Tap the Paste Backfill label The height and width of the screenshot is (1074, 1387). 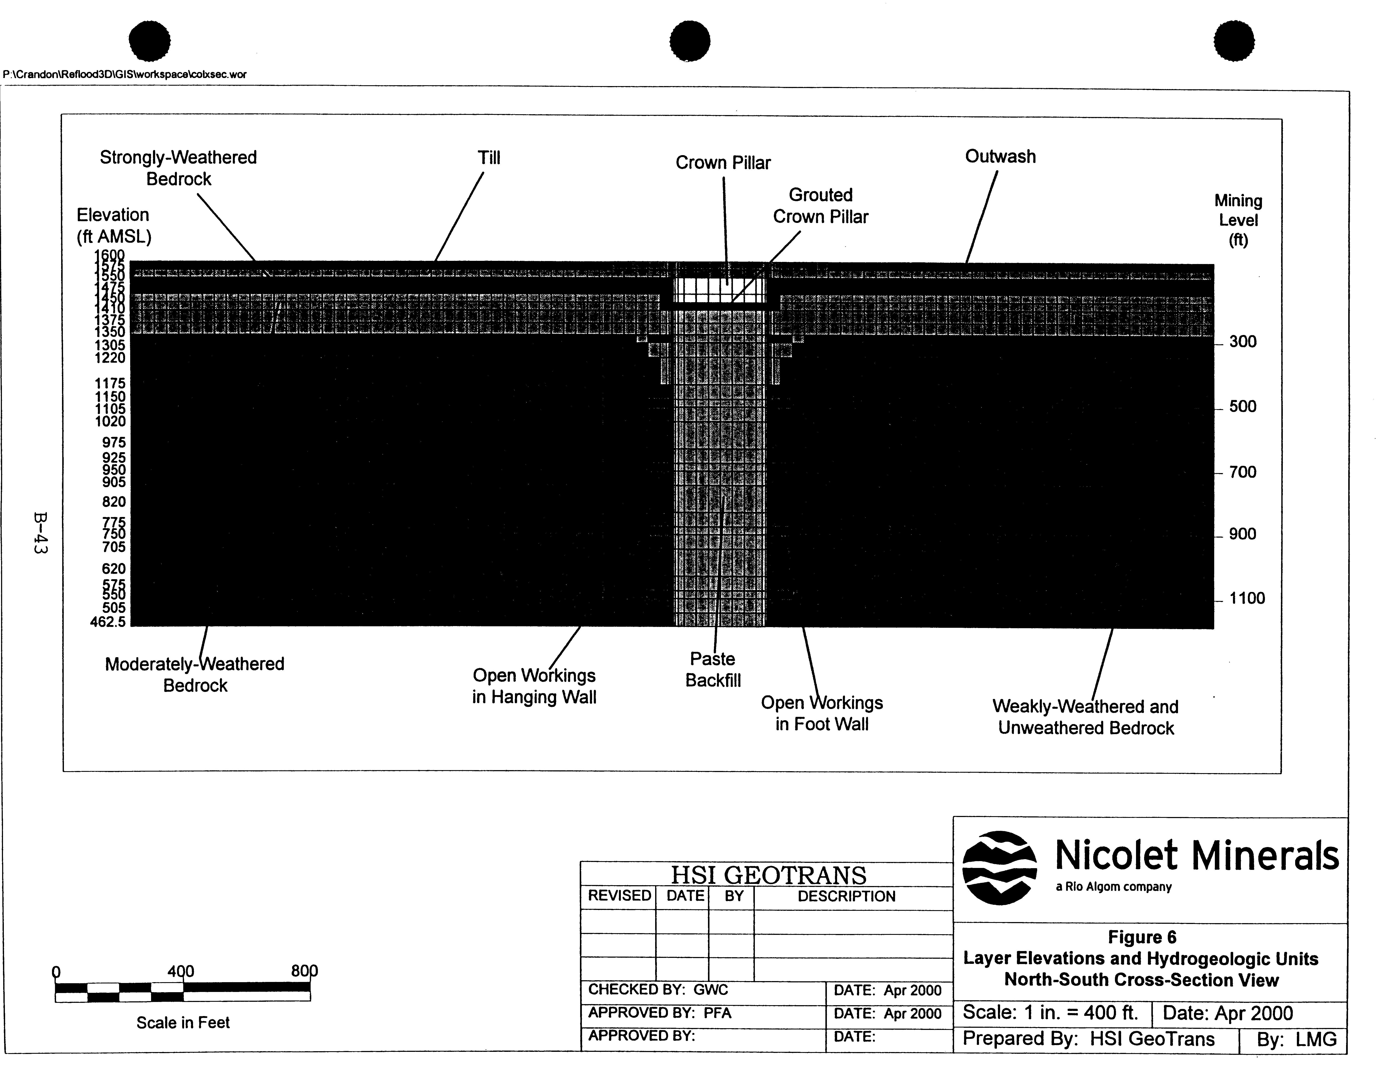[x=712, y=669]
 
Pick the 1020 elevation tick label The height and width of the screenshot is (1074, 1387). [x=111, y=421]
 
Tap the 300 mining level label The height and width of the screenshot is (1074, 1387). [x=1242, y=342]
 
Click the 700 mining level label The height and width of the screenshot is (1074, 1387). [x=1242, y=472]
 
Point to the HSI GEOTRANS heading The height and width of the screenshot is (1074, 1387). [x=768, y=875]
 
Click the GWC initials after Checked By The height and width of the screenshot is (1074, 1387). [x=711, y=990]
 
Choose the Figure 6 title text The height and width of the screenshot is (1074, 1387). [x=1141, y=937]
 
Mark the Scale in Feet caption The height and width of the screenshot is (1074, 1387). [x=183, y=1023]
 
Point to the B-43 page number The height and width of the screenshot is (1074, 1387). [x=40, y=534]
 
